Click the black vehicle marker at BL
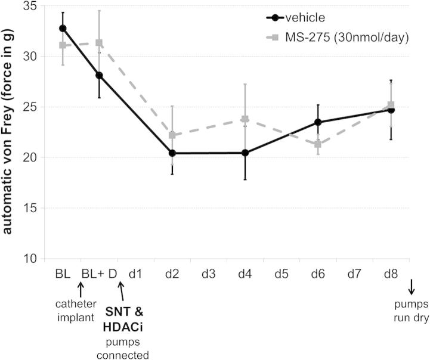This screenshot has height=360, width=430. [x=63, y=28]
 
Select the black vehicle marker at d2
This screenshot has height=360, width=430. [x=172, y=153]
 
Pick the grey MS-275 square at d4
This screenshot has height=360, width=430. [x=245, y=119]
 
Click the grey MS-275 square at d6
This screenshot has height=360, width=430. [x=318, y=144]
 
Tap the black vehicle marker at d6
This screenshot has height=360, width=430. [x=318, y=122]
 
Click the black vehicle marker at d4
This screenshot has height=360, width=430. [x=245, y=153]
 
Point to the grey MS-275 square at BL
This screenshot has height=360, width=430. [x=63, y=45]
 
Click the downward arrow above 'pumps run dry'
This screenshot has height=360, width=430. [x=411, y=288]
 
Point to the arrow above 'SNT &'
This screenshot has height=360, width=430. [x=121, y=292]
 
